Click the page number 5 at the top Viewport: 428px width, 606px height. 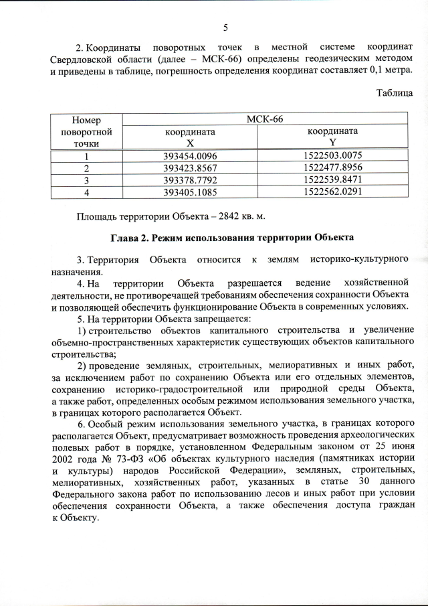point(225,27)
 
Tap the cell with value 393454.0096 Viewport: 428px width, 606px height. point(191,156)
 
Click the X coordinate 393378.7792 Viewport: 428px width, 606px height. point(191,180)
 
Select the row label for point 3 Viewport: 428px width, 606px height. point(86,180)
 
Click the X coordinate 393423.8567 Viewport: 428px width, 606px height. point(191,168)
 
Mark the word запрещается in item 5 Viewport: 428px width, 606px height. point(225,319)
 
